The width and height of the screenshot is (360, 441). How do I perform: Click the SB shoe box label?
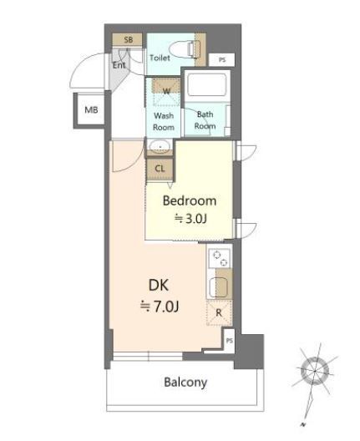pos(129,39)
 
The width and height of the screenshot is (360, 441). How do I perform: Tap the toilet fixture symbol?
pos(186,49)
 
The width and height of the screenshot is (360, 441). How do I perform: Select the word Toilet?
pos(160,58)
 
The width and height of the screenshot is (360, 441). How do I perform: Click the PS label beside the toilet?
pos(222,60)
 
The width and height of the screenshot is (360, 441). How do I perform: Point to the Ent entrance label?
pos(119,65)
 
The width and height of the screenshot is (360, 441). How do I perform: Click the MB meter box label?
pos(91,109)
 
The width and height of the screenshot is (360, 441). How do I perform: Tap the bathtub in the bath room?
pos(206,84)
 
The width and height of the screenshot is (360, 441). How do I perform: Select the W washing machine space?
pos(166,92)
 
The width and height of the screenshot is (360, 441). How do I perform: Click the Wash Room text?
pos(164,121)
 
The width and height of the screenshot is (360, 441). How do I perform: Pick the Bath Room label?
pos(205,120)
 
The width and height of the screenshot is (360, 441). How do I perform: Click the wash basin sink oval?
pos(160,146)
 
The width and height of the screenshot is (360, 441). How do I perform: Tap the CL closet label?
pos(160,169)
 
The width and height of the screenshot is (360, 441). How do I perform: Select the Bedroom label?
pos(190,200)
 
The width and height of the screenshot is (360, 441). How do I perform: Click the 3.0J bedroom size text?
pos(191,219)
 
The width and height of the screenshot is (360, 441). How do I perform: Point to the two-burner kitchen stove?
pos(220,258)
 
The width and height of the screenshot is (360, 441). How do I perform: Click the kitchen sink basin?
pos(218,286)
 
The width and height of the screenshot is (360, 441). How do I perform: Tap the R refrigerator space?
pos(219,313)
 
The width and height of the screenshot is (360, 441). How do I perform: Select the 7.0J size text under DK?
pos(160,307)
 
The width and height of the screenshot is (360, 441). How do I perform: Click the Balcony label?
pos(185,383)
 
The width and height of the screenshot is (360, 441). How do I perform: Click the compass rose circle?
pos(315,371)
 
